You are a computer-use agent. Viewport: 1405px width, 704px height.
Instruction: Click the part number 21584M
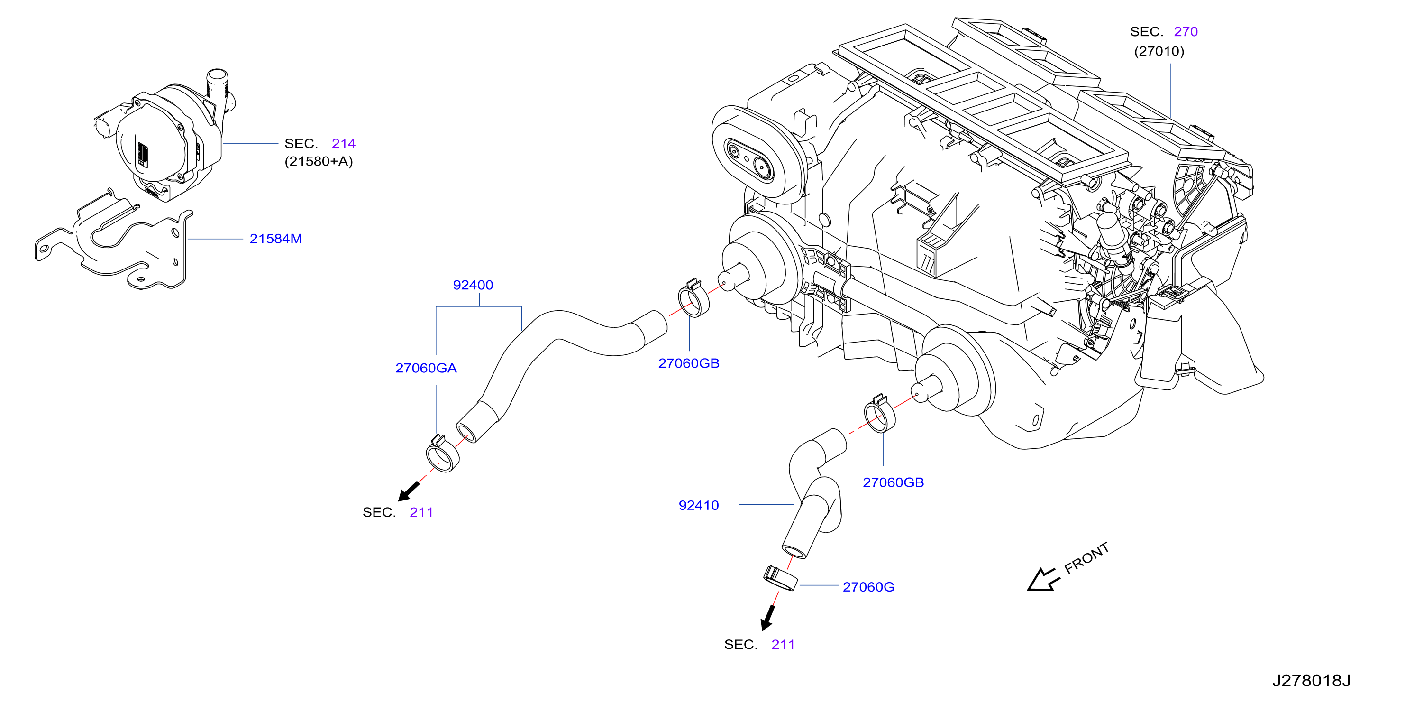coord(275,239)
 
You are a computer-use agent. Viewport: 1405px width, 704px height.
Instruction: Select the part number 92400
coord(473,285)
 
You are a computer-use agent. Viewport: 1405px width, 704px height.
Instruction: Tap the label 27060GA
coord(426,368)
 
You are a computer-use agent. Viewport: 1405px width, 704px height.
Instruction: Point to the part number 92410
coord(699,505)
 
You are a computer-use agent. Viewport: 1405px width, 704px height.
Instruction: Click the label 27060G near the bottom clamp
coord(868,587)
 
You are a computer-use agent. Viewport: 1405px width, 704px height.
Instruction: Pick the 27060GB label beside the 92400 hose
coord(689,363)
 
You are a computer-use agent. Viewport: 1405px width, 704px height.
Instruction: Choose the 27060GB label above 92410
coord(894,482)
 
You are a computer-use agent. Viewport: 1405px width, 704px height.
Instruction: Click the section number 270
coord(1186,32)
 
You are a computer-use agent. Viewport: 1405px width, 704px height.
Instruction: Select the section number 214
coord(344,144)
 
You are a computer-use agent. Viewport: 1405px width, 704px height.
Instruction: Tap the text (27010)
coord(1159,51)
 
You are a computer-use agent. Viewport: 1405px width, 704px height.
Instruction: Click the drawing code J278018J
coord(1311,681)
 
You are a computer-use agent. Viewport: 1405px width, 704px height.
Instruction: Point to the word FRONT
coord(1086,558)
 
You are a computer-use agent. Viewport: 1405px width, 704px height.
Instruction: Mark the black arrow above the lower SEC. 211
coord(768,618)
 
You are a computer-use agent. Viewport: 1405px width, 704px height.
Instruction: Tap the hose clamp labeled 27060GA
coord(442,454)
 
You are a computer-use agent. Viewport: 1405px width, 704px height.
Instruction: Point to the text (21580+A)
coord(319,162)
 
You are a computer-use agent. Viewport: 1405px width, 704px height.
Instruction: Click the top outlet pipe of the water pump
coord(218,86)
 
